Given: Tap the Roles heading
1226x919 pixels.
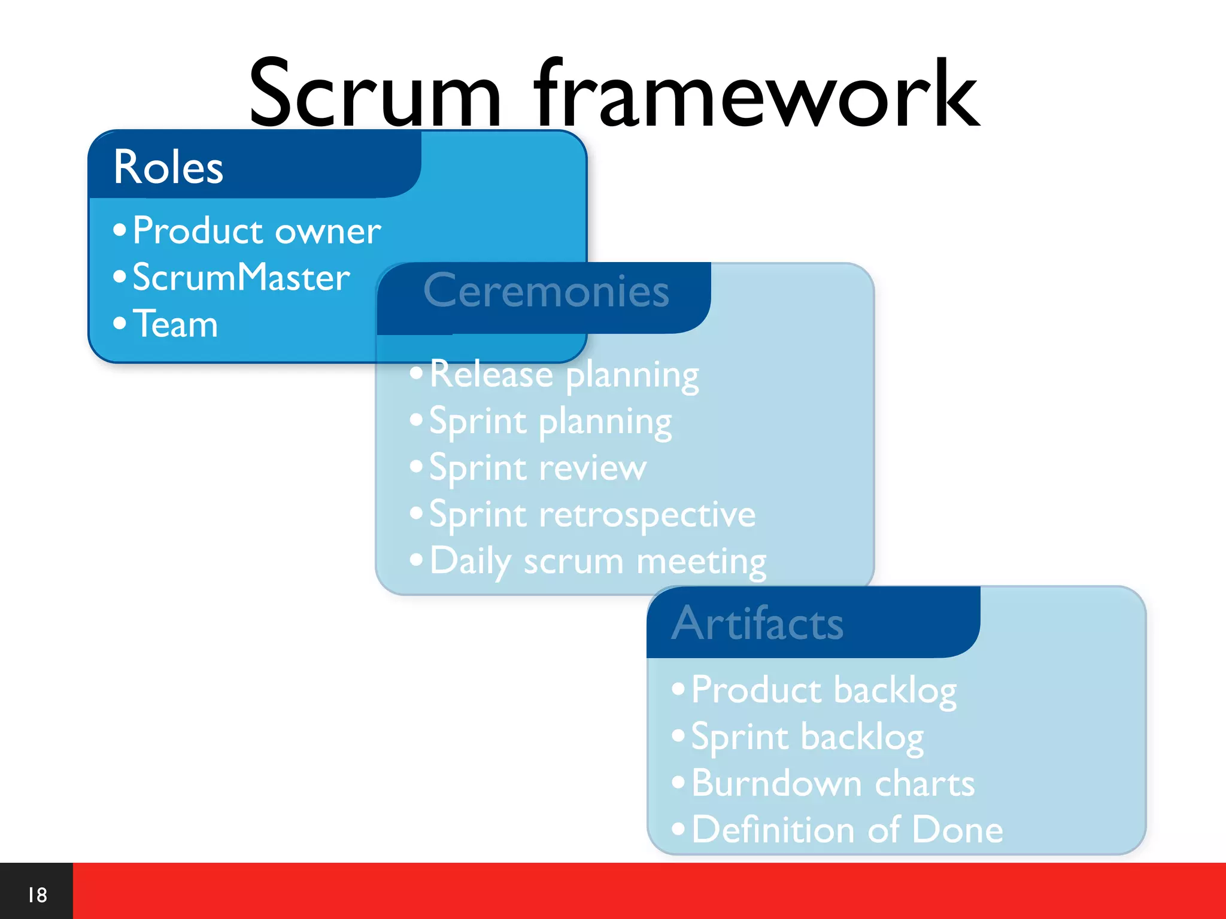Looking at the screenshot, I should [168, 167].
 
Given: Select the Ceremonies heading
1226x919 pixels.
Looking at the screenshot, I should [546, 291].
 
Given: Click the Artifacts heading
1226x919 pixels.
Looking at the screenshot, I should [757, 623].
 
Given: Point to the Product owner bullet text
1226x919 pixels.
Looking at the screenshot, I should [256, 230].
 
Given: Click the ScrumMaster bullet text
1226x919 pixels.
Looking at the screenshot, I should [241, 277].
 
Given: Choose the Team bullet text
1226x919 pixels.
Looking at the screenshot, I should [175, 324].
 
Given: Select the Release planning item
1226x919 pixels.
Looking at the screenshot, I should [564, 375].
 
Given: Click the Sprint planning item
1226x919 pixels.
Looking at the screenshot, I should [550, 421].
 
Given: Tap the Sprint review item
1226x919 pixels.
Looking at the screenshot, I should [538, 468].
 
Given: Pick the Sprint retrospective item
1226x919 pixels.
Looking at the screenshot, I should [592, 515].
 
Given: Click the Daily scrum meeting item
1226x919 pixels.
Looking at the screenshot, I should [597, 561].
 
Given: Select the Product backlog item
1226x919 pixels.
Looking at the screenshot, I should [824, 690].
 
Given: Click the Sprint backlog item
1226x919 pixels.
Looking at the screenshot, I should [807, 737].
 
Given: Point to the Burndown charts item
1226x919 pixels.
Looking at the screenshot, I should [833, 783].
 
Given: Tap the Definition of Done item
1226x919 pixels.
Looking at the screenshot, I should [847, 830].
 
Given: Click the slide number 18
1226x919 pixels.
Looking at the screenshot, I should [37, 895].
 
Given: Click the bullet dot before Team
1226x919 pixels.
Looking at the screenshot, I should [120, 323].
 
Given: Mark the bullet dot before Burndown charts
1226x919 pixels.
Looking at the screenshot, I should [678, 782].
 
